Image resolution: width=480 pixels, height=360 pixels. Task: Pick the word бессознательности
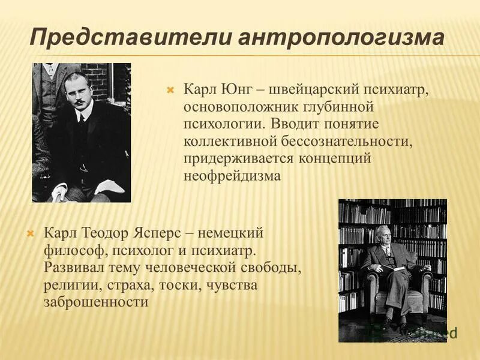pyautogui.click(x=330, y=142)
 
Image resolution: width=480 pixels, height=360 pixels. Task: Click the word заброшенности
pyautogui.click(x=95, y=302)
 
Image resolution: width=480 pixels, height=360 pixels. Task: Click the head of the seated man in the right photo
pyautogui.click(x=383, y=233)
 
